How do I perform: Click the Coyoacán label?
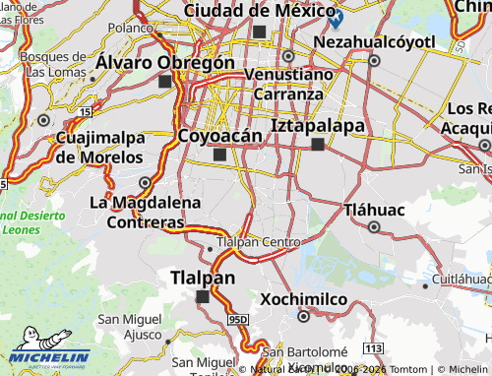[218, 135]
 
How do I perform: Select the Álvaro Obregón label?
[165, 62]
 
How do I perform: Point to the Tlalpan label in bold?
[203, 277]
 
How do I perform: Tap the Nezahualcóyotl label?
[373, 42]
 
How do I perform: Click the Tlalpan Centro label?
[258, 241]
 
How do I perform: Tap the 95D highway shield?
[238, 320]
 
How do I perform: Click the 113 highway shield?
[371, 348]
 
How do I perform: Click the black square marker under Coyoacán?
[218, 155]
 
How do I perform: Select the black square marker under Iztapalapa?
[318, 145]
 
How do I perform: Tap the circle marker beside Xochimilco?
[302, 316]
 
